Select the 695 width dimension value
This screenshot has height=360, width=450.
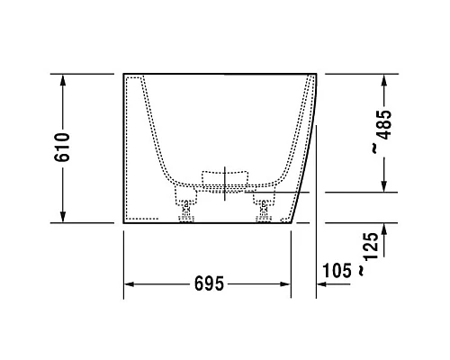(x=207, y=284)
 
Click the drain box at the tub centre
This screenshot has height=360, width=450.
(x=224, y=177)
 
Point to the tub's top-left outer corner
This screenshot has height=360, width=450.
(x=123, y=74)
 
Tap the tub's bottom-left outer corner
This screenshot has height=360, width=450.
(x=123, y=222)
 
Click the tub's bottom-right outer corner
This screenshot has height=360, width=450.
(x=292, y=222)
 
